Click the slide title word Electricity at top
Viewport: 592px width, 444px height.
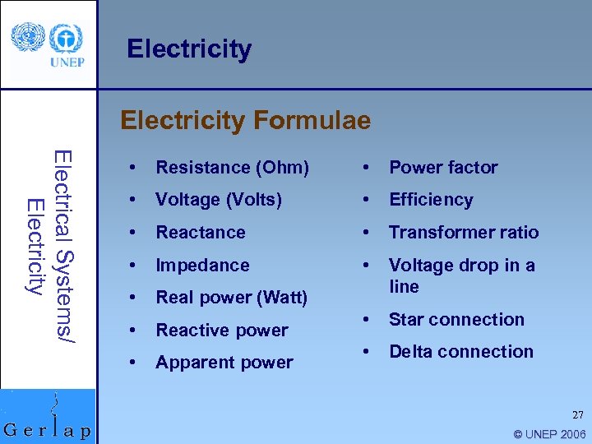189,49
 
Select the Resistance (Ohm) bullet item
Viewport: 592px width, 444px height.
232,168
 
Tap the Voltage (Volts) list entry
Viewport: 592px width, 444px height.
219,200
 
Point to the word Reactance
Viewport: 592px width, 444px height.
201,233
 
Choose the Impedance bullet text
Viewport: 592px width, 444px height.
202,265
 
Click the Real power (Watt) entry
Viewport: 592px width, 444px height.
231,298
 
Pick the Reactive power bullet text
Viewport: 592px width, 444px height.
222,331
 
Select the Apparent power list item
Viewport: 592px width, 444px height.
224,363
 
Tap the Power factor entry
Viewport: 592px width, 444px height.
443,168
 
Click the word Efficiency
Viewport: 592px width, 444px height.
431,200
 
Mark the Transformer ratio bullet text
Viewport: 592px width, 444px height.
464,233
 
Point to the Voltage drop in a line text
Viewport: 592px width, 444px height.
461,275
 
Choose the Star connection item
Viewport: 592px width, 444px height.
456,319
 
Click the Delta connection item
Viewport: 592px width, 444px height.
460,352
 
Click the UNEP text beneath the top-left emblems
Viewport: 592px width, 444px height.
67,62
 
